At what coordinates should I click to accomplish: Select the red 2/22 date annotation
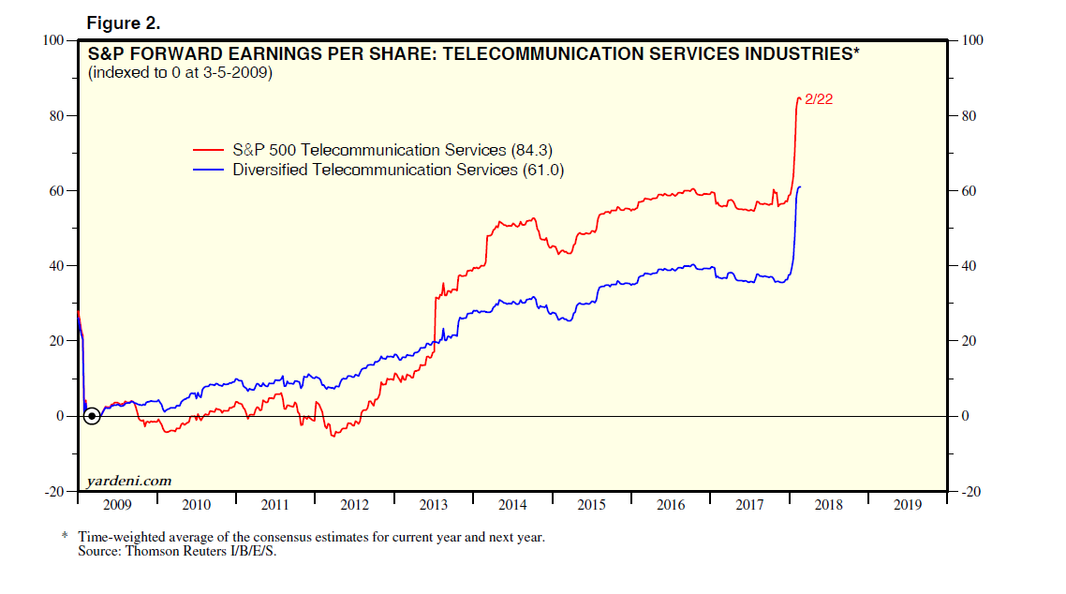pyautogui.click(x=818, y=99)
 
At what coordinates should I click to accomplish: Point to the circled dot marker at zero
pyautogui.click(x=91, y=416)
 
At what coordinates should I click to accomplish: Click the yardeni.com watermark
pyautogui.click(x=128, y=481)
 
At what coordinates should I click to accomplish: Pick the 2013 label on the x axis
pyautogui.click(x=434, y=505)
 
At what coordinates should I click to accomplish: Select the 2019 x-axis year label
pyautogui.click(x=908, y=505)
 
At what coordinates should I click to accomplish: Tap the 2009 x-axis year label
pyautogui.click(x=117, y=505)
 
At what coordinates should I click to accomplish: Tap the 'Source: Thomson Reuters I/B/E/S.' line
pyautogui.click(x=178, y=551)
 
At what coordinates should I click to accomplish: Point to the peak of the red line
pyautogui.click(x=798, y=97)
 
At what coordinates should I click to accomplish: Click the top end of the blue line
pyautogui.click(x=800, y=187)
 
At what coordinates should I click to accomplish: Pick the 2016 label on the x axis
pyautogui.click(x=671, y=505)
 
